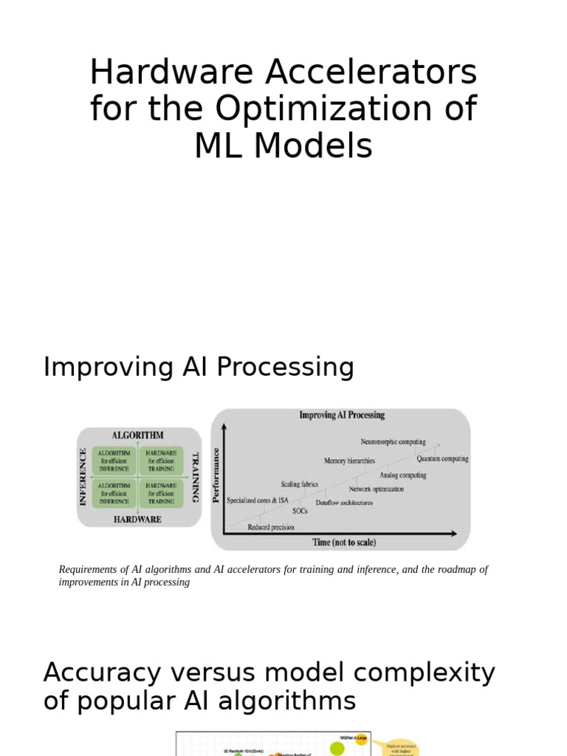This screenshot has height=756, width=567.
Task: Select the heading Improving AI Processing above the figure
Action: (199, 367)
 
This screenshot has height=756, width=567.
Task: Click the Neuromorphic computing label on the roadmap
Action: (393, 441)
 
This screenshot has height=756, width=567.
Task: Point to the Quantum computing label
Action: (442, 458)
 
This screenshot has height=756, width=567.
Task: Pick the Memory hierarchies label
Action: (349, 461)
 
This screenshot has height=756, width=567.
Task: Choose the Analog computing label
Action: (402, 475)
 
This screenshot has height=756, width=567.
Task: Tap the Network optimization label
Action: (377, 489)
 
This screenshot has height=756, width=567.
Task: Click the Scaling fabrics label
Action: (300, 484)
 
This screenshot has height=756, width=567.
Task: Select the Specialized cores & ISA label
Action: (258, 500)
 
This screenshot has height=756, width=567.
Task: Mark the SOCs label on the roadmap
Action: (300, 511)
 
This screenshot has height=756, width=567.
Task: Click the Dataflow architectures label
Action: (344, 503)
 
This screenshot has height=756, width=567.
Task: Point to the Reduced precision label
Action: (271, 527)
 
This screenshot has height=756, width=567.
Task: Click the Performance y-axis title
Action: (216, 474)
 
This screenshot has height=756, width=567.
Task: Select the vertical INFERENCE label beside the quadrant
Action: (83, 476)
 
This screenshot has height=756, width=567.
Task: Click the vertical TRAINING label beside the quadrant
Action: (196, 477)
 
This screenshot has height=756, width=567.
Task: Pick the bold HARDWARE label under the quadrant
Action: (138, 519)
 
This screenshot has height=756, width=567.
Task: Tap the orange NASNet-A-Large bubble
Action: (362, 739)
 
